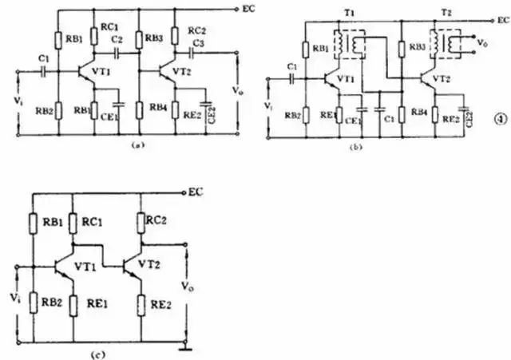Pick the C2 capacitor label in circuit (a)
pos(117,38)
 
